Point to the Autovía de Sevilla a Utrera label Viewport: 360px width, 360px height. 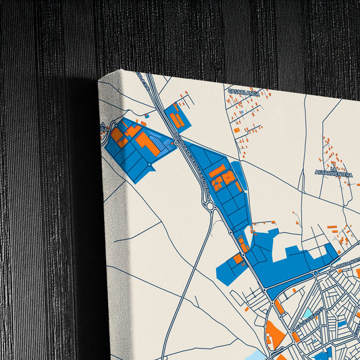click(192, 162)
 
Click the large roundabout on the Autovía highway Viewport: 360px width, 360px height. click(211, 207)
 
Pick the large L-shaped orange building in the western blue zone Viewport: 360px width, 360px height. click(147, 143)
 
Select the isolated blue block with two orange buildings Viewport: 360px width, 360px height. click(178, 119)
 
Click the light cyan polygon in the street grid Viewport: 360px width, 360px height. click(308, 313)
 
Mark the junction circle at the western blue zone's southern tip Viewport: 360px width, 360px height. click(149, 164)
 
